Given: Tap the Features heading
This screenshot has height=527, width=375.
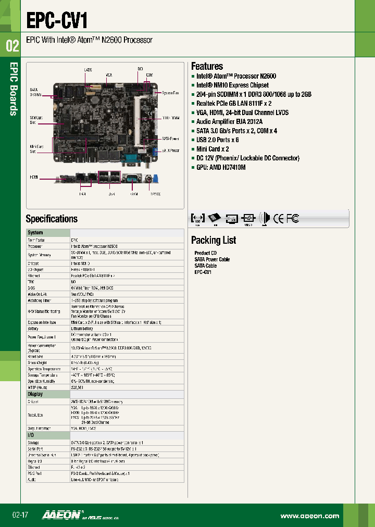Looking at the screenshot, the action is [x=207, y=66].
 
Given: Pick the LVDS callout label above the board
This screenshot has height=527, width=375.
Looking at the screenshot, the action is [x=89, y=69].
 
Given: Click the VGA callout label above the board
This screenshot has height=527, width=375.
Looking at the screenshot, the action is [x=109, y=75].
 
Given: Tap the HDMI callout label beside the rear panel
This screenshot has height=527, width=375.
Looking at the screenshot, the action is [x=34, y=177].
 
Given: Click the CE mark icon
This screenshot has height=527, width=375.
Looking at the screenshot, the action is [x=279, y=219].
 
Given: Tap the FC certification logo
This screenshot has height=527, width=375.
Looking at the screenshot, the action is [x=293, y=219].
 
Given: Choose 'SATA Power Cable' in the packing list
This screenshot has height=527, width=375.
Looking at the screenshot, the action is [x=212, y=259].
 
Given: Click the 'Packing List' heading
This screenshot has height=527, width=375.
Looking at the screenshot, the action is [x=214, y=240].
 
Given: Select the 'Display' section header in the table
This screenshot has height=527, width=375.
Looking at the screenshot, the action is [x=35, y=394].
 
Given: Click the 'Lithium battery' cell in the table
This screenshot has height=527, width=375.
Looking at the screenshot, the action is [x=82, y=329].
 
